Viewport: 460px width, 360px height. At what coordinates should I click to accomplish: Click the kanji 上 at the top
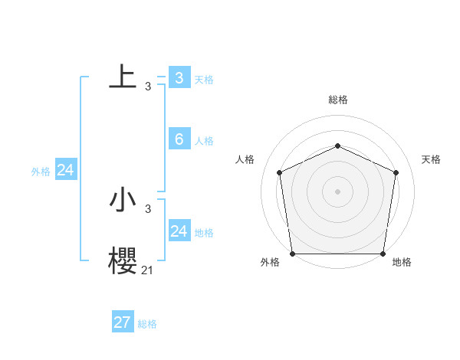point(123,77)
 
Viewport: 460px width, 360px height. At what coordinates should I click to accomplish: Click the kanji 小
point(123,200)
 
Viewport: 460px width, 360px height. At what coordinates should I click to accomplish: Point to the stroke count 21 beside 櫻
point(147,270)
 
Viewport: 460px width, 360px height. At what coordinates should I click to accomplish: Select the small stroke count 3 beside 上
point(148,86)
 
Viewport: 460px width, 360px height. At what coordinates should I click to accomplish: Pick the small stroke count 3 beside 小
point(148,208)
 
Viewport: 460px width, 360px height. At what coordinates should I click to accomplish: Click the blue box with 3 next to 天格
point(179,77)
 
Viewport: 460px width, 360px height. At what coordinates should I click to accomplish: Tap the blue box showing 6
point(179,139)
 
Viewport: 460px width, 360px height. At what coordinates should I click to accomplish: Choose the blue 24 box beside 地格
point(179,231)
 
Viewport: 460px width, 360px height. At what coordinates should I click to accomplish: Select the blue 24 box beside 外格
point(66,170)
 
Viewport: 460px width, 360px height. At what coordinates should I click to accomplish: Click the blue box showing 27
point(123,322)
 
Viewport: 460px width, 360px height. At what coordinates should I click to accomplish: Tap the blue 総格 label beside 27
point(147,324)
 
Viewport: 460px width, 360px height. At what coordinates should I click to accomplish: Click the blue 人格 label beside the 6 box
point(204,141)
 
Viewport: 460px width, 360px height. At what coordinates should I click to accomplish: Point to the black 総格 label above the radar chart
point(337,100)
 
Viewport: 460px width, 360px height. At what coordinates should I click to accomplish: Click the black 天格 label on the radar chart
point(431,159)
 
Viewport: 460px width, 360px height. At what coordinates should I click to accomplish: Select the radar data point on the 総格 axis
point(337,146)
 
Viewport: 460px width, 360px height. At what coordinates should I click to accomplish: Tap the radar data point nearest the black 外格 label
point(292,254)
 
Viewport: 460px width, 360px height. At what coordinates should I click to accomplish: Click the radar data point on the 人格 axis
point(279,172)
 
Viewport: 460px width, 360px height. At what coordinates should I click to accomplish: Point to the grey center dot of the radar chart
point(337,191)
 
